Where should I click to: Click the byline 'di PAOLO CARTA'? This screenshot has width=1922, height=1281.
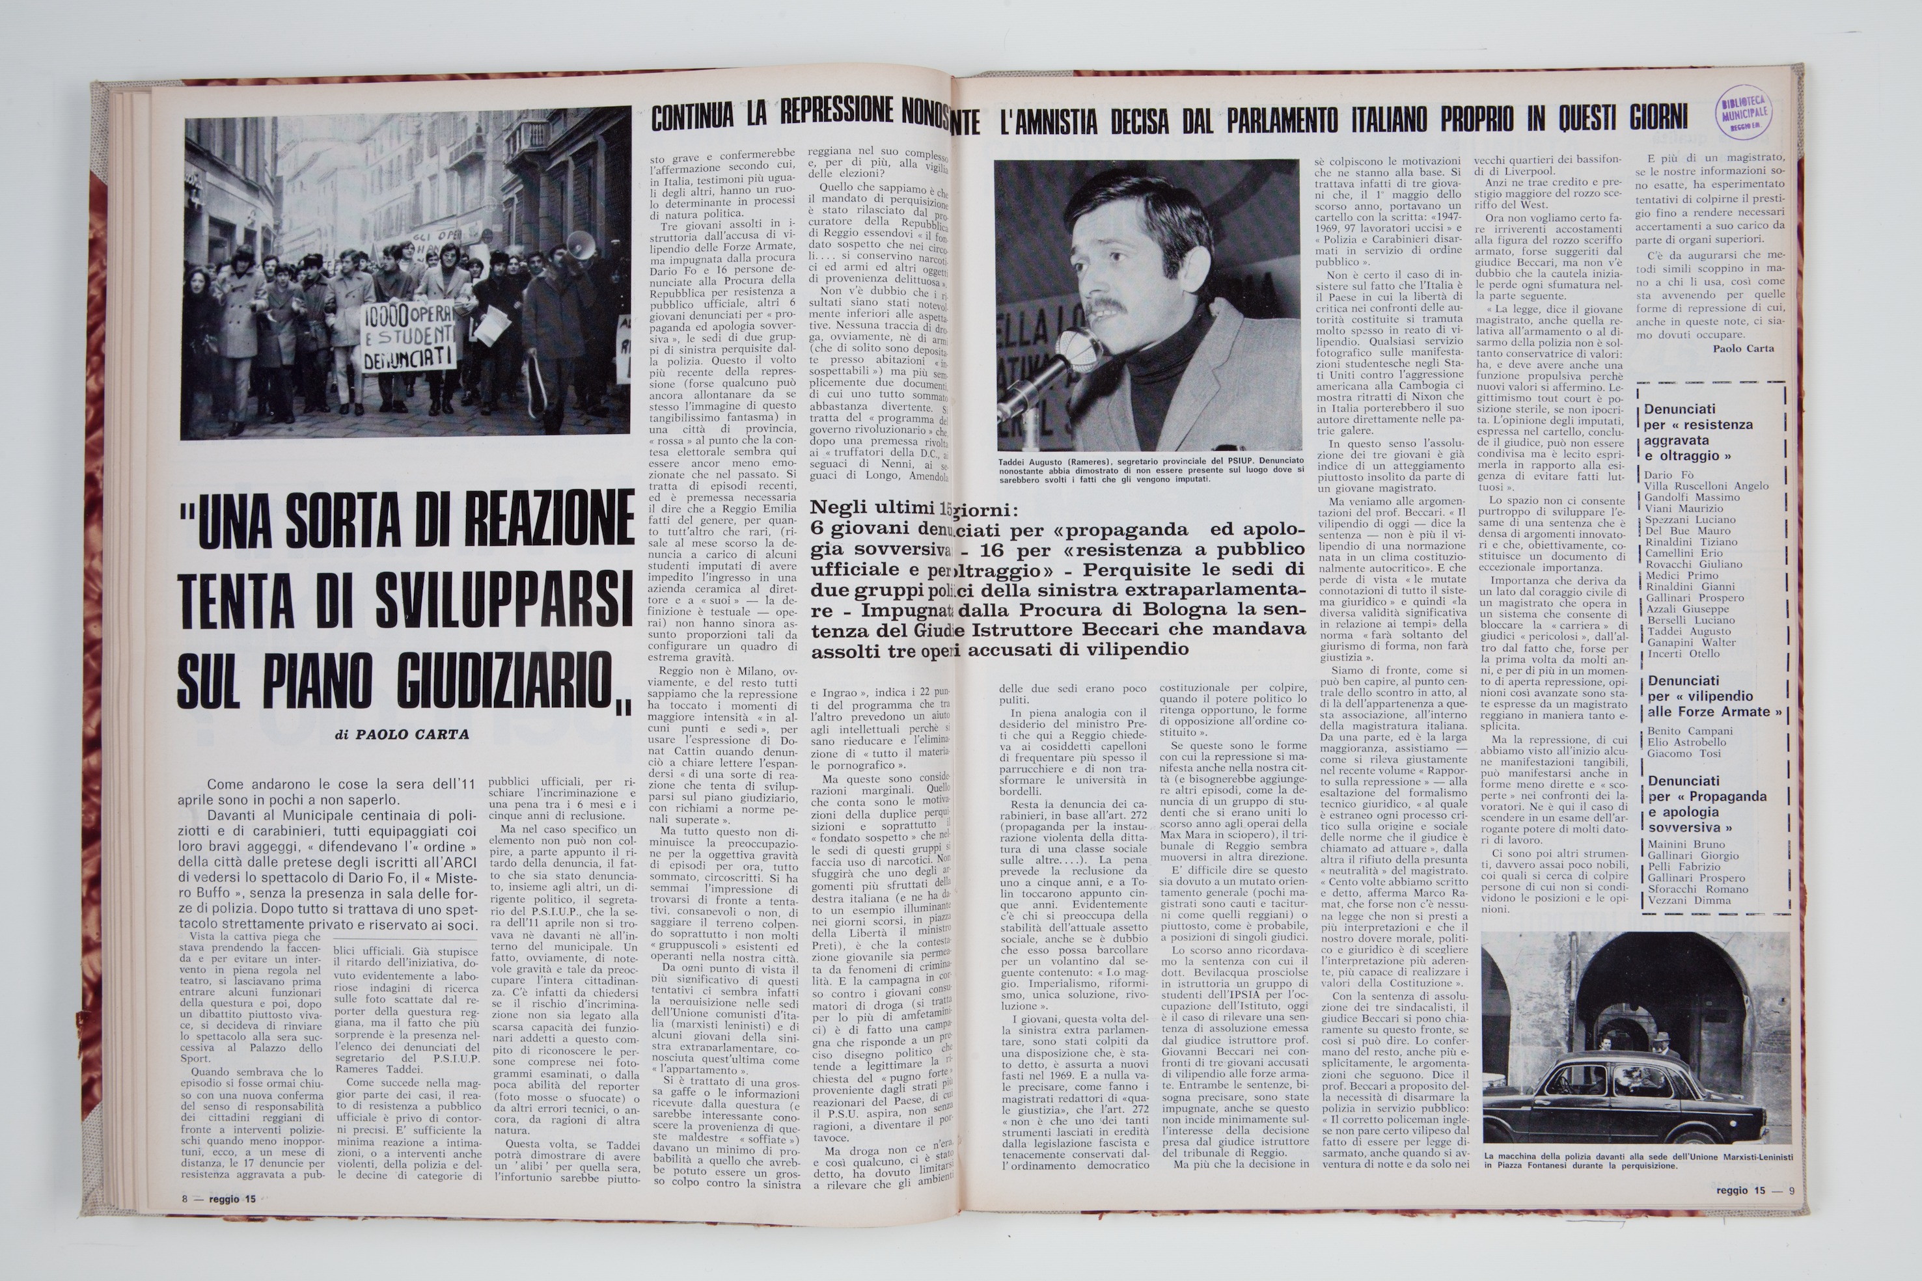[402, 735]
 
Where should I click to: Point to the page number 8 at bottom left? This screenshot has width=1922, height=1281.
[185, 1199]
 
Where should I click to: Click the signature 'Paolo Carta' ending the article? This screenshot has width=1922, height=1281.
[1743, 348]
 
